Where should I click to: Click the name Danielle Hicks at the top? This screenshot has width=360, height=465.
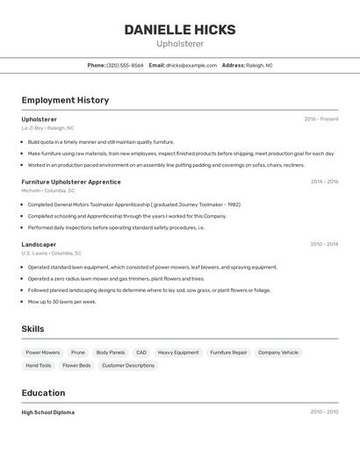point(180,29)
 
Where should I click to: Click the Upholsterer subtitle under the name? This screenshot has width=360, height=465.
point(180,44)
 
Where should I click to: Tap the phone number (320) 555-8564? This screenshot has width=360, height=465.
point(125,65)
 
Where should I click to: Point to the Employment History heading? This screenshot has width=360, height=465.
point(65,100)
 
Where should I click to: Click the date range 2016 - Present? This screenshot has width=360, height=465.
point(321,118)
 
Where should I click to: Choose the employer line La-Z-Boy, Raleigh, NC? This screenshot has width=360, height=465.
point(47,127)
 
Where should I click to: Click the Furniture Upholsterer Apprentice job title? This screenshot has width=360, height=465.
point(71,182)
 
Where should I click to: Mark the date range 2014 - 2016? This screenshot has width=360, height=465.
point(324,182)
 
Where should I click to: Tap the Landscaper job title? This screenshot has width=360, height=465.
point(39,244)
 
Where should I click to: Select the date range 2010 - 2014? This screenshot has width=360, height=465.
point(324,244)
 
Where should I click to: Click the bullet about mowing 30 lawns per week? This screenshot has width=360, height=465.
point(61,301)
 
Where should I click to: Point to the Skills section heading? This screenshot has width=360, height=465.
point(33,328)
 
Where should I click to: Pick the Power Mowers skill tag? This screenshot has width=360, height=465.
point(42,353)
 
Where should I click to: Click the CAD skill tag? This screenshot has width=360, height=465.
point(141,353)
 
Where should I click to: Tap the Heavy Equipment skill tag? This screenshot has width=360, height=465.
point(178,353)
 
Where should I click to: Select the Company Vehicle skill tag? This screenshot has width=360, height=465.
point(278,353)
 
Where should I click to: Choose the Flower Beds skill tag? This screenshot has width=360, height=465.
point(76,365)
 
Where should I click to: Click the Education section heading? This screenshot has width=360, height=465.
point(44,393)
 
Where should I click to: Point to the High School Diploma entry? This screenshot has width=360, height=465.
point(48,411)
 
